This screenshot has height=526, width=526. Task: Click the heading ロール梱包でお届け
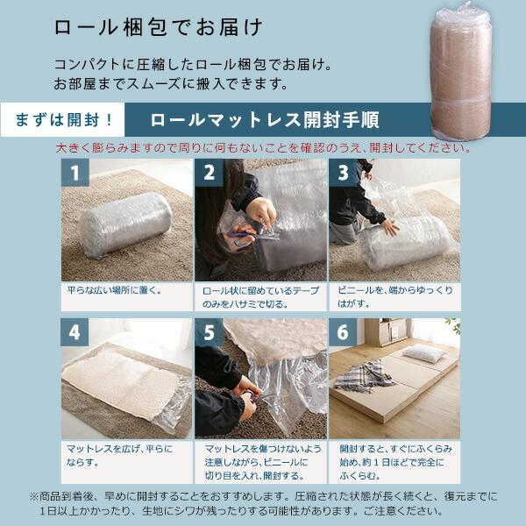click(x=158, y=27)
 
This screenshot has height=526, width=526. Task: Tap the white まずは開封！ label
click(x=63, y=119)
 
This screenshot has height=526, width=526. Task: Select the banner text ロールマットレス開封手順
click(x=264, y=119)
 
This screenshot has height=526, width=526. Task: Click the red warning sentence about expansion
click(x=263, y=147)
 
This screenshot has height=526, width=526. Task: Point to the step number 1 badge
click(x=75, y=174)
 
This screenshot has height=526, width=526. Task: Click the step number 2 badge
click(x=210, y=174)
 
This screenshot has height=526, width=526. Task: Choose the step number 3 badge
click(x=344, y=174)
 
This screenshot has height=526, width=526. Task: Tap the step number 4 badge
click(x=75, y=333)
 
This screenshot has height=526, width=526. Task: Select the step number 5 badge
click(x=210, y=333)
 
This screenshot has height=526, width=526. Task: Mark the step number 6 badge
click(x=344, y=333)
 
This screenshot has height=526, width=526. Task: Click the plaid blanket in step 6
click(x=365, y=376)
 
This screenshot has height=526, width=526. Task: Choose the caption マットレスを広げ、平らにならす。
click(x=119, y=455)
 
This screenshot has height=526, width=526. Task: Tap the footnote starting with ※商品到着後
click(x=263, y=502)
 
